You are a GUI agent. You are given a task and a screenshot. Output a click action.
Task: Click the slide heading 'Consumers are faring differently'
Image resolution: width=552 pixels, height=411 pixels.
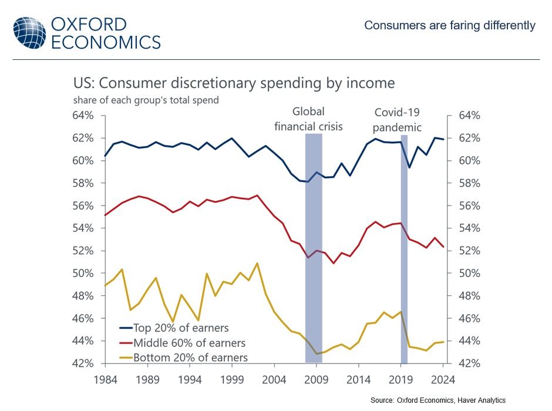(449, 25)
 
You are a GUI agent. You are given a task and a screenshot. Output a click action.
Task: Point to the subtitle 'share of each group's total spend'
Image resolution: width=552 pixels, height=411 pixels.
(146, 100)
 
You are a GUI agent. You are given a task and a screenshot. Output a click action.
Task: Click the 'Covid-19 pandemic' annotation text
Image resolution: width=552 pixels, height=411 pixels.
(398, 120)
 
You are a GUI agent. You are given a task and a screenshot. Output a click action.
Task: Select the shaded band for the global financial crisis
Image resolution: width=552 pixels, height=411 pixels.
(314, 247)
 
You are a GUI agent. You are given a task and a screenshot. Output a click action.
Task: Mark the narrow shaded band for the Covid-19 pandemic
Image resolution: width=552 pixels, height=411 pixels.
(404, 247)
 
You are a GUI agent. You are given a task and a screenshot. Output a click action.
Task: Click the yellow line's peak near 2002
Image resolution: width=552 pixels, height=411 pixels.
(257, 263)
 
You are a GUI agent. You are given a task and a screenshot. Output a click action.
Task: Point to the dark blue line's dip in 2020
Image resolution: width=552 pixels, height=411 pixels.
(409, 167)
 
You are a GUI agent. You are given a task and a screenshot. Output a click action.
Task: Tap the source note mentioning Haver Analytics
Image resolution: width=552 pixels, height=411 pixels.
(437, 400)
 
